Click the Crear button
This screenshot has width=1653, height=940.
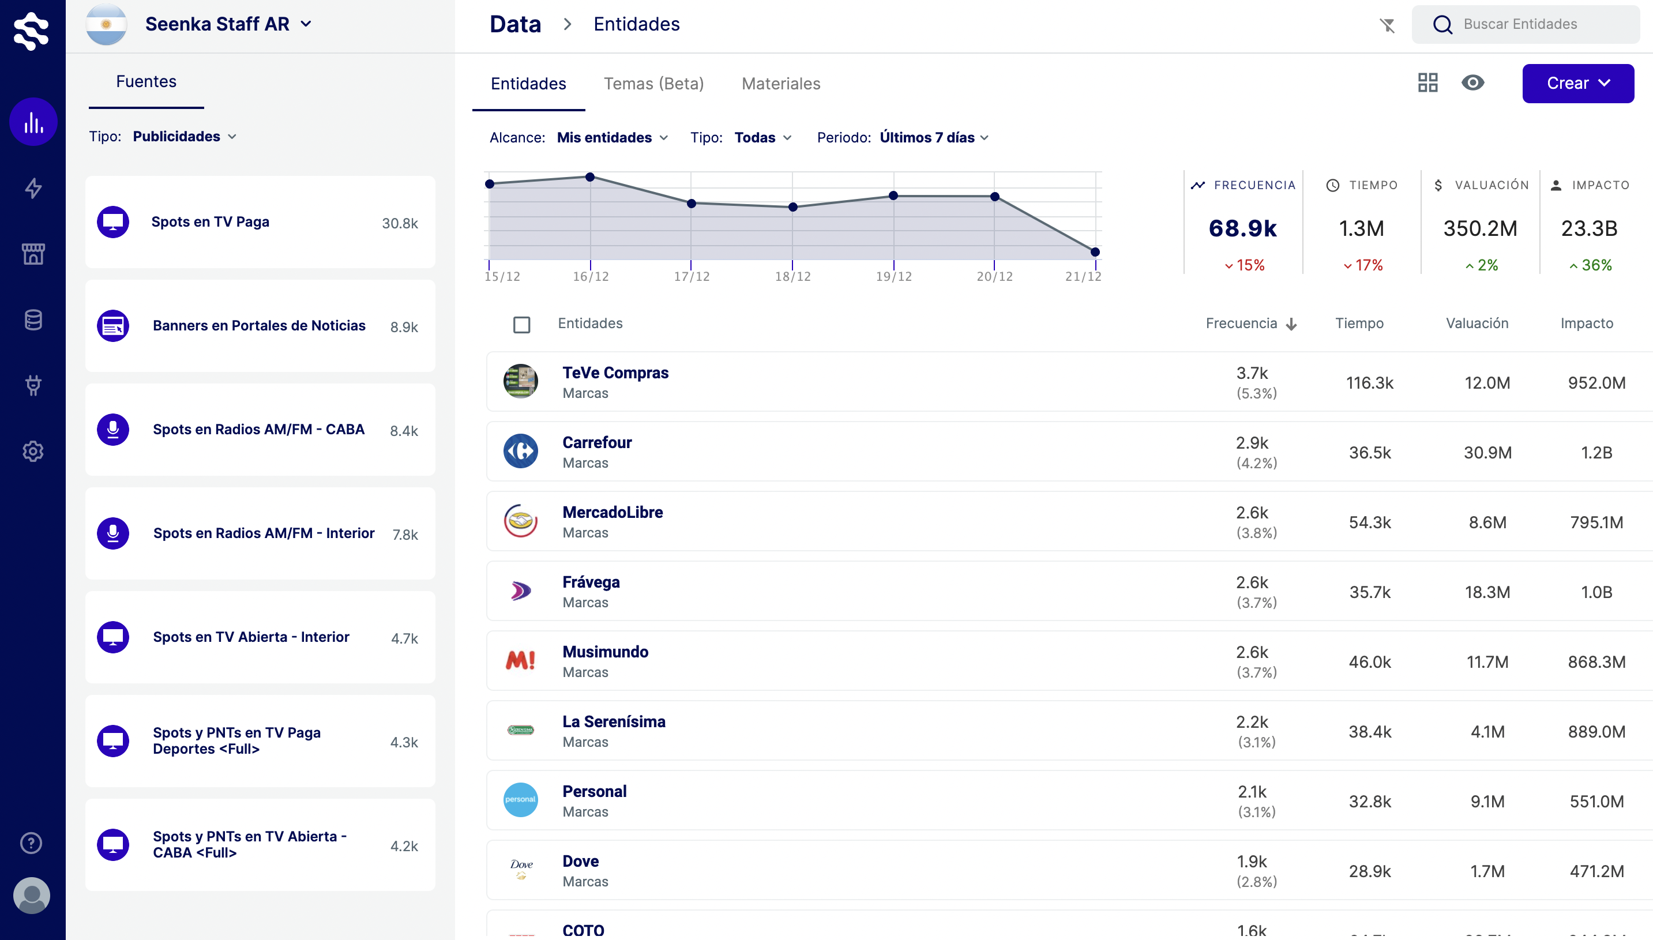pyautogui.click(x=1577, y=83)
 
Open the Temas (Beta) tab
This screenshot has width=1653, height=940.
pyautogui.click(x=653, y=84)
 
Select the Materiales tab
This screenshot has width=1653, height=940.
pyautogui.click(x=781, y=84)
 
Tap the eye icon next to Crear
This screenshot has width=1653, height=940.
pyautogui.click(x=1472, y=82)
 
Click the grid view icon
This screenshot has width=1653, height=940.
pyautogui.click(x=1427, y=82)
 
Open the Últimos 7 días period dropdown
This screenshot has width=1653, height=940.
pyautogui.click(x=934, y=137)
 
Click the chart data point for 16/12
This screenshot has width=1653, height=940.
pyautogui.click(x=589, y=177)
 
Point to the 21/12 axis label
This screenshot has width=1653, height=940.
pyautogui.click(x=1083, y=276)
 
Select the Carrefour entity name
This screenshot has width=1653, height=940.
pyautogui.click(x=596, y=443)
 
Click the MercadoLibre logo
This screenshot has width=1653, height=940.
pyautogui.click(x=520, y=521)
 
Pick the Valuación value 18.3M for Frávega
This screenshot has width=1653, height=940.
pyautogui.click(x=1487, y=592)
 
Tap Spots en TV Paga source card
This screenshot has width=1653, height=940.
pyautogui.click(x=260, y=222)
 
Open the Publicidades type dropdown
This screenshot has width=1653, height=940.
pyautogui.click(x=184, y=136)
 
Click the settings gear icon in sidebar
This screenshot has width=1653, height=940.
pyautogui.click(x=33, y=452)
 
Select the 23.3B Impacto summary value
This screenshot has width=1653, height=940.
pyautogui.click(x=1589, y=228)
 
